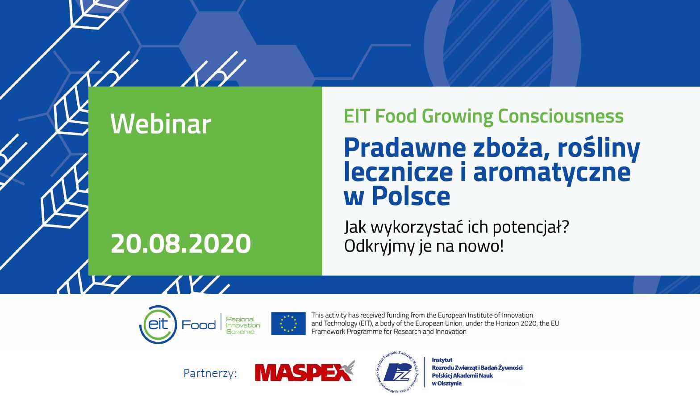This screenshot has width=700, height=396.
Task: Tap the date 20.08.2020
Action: (x=181, y=244)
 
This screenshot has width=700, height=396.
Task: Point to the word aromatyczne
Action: (x=552, y=173)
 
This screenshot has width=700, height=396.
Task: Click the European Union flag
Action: (x=288, y=324)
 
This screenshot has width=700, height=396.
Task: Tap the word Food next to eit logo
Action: (x=199, y=325)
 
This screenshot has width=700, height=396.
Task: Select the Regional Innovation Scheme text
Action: (x=243, y=325)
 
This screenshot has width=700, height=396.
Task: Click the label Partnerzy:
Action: (x=210, y=373)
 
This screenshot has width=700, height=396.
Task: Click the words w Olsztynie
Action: (x=446, y=384)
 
